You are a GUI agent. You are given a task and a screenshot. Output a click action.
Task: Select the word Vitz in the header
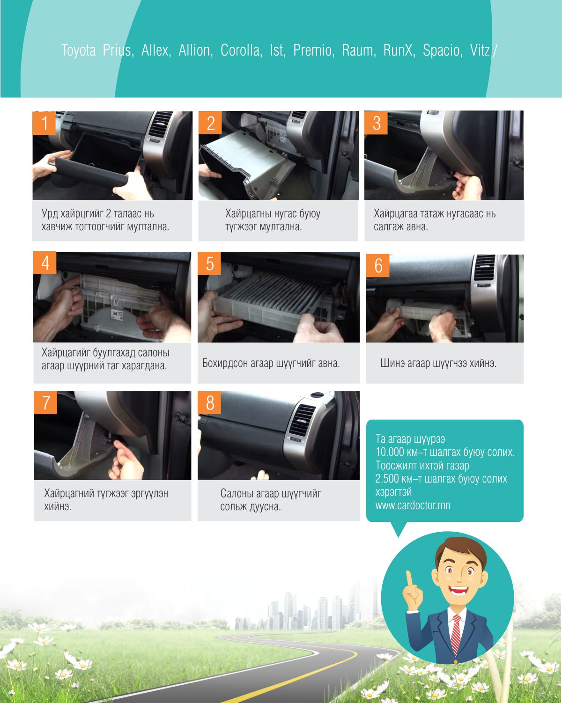tap(480, 50)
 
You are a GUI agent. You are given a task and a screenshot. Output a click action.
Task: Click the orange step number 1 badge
tap(44, 123)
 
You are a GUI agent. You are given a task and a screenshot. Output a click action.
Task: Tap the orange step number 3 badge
tap(376, 123)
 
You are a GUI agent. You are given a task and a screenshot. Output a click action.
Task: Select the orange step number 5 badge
tap(209, 264)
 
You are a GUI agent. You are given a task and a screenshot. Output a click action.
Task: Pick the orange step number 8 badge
tap(209, 403)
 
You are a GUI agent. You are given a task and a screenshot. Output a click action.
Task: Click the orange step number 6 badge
tap(378, 265)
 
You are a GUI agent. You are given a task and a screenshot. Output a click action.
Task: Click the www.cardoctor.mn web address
tap(413, 505)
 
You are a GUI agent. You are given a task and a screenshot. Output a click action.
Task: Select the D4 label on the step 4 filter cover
tap(114, 314)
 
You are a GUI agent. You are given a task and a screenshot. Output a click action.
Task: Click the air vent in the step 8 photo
tap(303, 420)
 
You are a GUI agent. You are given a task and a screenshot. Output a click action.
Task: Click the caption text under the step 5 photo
tap(271, 363)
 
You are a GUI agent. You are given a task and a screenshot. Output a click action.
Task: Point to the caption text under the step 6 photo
tap(438, 363)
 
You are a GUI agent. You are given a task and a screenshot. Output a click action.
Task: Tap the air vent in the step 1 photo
tap(160, 125)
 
